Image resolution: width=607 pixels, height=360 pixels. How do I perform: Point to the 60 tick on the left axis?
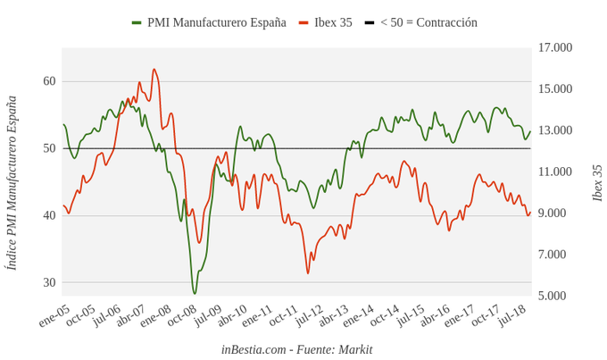tap(49, 81)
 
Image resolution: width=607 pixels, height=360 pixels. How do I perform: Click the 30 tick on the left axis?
tap(49, 282)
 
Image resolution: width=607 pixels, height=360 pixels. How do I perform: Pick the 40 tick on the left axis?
tap(49, 215)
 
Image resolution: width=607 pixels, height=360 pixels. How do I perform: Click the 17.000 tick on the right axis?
tap(555, 47)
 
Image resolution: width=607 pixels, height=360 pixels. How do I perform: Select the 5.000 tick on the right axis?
tap(555, 296)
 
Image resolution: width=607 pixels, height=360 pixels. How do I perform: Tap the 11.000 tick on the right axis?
tap(555, 172)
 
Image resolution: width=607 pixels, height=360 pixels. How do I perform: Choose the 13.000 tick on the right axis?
tap(555, 130)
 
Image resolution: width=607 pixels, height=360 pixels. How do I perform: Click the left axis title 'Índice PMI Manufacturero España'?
tap(12, 183)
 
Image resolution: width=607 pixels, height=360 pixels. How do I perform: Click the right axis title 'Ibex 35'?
tap(597, 183)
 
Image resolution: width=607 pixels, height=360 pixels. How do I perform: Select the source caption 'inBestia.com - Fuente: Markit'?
tap(296, 349)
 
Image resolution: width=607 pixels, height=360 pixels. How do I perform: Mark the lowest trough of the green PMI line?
tap(195, 293)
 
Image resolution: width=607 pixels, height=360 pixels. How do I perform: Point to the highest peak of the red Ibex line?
tap(154, 69)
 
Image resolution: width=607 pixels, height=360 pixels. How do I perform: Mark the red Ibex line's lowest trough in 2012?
tap(308, 272)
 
